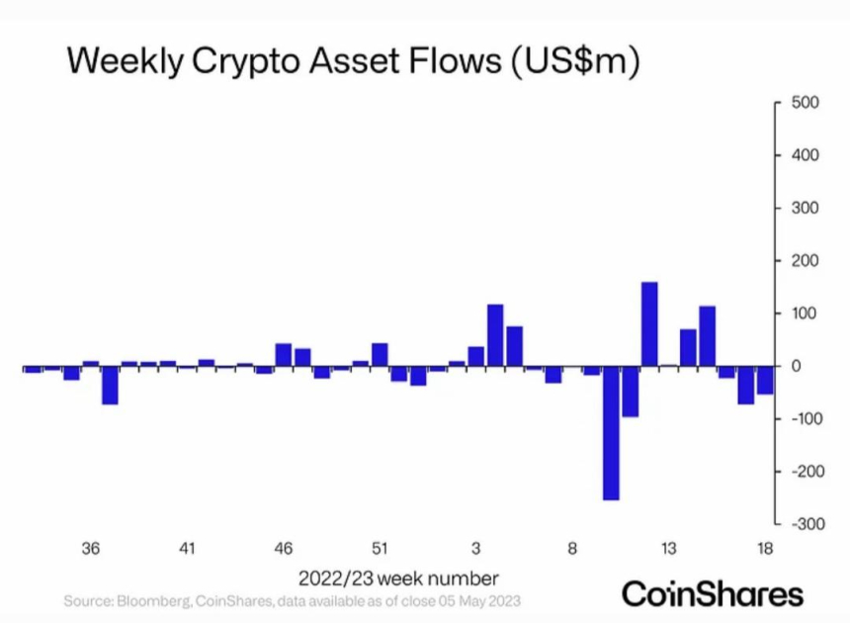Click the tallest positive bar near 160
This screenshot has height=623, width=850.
(x=649, y=324)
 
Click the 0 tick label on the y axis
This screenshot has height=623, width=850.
(x=794, y=367)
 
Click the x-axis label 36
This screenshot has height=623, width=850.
(x=91, y=549)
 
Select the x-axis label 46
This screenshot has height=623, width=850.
(x=284, y=549)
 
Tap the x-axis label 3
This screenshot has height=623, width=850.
(x=476, y=549)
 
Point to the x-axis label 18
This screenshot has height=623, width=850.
(x=765, y=549)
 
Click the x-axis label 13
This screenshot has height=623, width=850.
(x=669, y=549)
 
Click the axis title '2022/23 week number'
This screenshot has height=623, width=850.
(x=398, y=578)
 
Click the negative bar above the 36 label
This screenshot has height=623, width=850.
(x=110, y=386)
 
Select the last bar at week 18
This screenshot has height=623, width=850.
(x=765, y=381)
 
